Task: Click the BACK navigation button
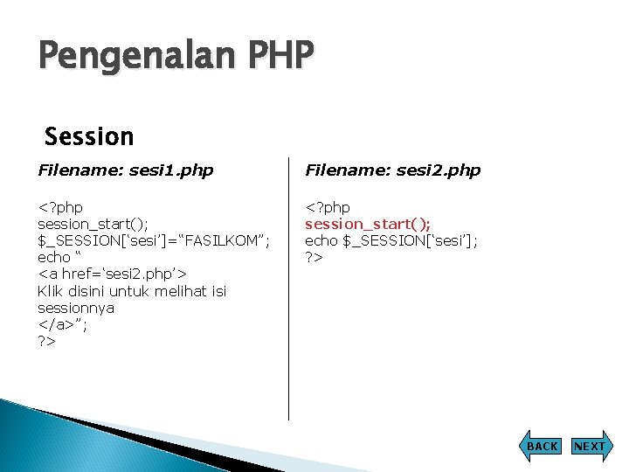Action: [541, 446]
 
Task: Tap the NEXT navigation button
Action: [589, 446]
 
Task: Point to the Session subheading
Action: [89, 137]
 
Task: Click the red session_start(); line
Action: [367, 224]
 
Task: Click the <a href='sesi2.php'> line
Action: [113, 274]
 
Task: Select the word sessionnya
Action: [76, 308]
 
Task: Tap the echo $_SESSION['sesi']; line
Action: [391, 240]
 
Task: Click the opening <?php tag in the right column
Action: [327, 207]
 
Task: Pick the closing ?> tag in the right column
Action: [314, 257]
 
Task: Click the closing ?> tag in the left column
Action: [46, 341]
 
